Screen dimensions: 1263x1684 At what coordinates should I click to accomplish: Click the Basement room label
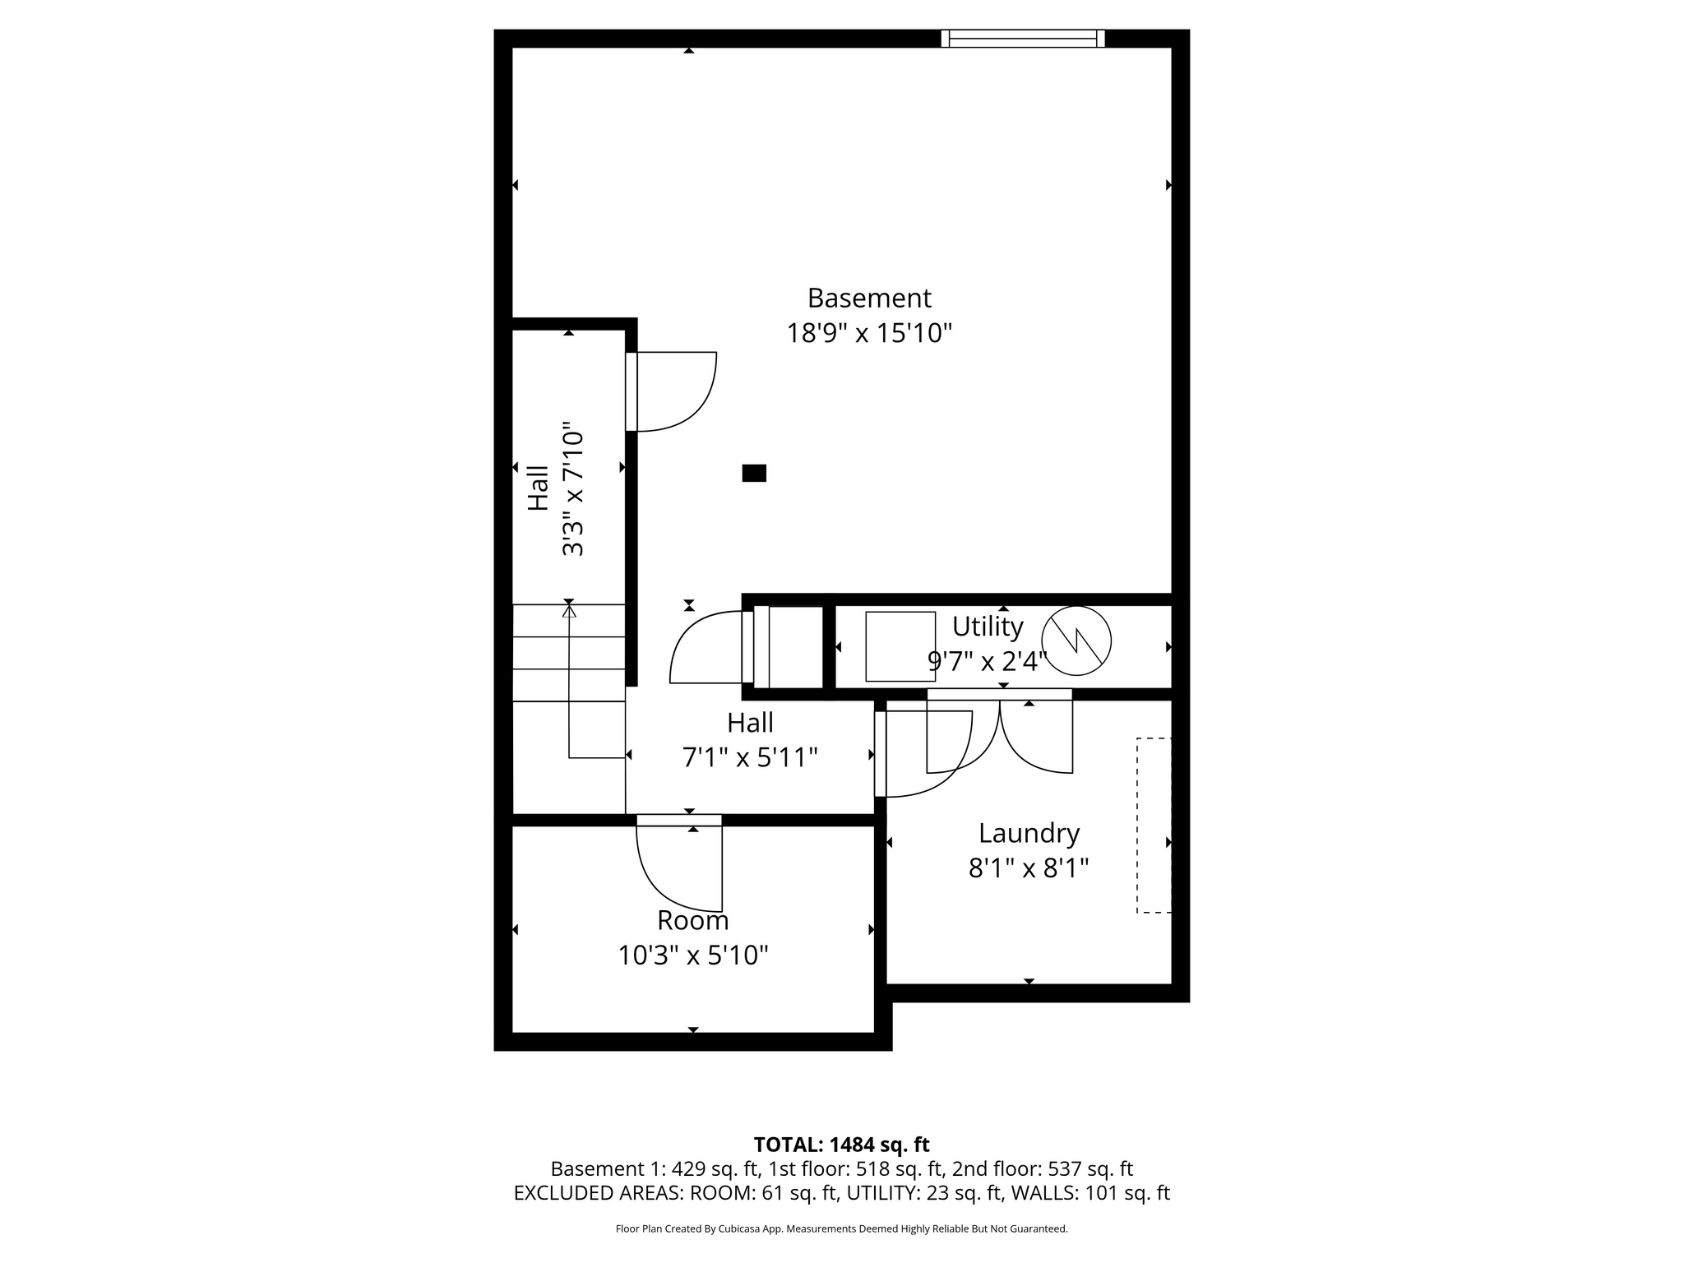[869, 298]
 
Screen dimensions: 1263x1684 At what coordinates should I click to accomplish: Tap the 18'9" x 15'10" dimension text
[869, 334]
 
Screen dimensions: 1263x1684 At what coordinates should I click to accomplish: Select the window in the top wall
[1022, 39]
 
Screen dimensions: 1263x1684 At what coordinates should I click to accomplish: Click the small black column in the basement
[754, 473]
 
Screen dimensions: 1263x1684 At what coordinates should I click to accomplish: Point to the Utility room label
[987, 627]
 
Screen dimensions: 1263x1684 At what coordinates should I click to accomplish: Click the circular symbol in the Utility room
[1076, 641]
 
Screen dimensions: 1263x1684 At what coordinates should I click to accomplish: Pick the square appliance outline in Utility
[900, 646]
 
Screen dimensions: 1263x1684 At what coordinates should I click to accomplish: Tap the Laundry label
[1028, 833]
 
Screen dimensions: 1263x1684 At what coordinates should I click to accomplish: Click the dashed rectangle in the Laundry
[1154, 825]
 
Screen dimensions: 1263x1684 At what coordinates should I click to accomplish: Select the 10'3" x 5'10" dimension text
[693, 955]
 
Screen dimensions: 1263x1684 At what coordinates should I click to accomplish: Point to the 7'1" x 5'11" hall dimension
[750, 757]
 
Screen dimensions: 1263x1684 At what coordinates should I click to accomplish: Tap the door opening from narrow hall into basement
[670, 391]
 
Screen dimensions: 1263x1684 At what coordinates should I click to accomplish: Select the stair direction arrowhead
[568, 610]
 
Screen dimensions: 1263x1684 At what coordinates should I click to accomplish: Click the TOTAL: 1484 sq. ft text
[841, 1145]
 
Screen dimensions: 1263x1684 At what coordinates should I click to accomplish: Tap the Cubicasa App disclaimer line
[841, 1229]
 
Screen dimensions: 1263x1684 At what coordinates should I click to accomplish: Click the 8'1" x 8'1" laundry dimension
[1028, 868]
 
